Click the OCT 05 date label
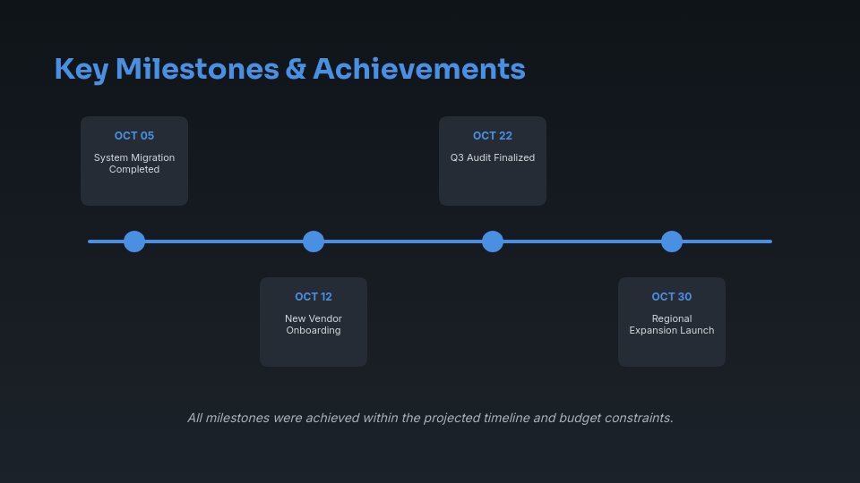click(134, 136)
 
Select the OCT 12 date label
click(314, 297)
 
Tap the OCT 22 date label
click(493, 136)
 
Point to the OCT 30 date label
click(672, 297)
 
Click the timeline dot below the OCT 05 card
click(134, 241)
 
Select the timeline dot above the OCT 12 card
click(314, 241)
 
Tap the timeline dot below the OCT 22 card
click(493, 241)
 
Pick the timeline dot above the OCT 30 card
click(672, 241)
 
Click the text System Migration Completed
click(134, 164)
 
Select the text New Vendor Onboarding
click(314, 325)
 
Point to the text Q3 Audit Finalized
click(493, 158)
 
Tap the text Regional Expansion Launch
click(672, 325)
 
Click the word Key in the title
click(81, 70)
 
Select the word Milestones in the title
click(197, 70)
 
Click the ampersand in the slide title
click(296, 70)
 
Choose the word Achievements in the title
click(418, 70)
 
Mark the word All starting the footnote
click(195, 418)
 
